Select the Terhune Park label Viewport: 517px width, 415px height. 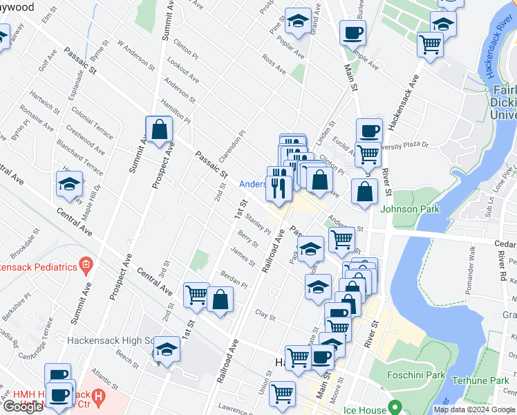[480, 380]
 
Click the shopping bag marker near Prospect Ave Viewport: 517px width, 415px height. [159, 129]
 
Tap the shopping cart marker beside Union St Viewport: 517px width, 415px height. [283, 394]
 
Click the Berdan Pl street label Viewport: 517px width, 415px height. [234, 279]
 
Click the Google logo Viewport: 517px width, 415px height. [23, 407]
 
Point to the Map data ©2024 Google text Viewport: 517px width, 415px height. [475, 409]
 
